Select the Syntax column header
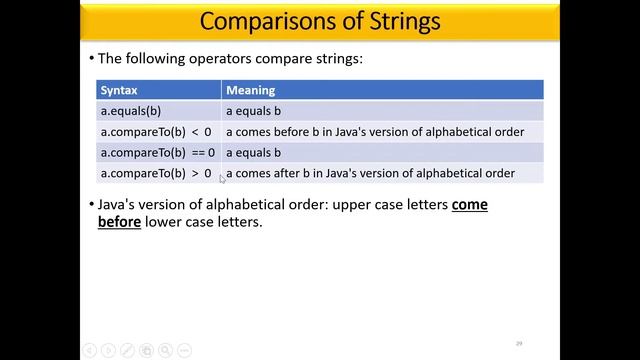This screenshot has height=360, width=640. pyautogui.click(x=119, y=90)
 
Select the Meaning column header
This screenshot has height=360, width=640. pyautogui.click(x=250, y=90)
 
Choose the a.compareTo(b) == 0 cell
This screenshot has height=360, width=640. pyautogui.click(x=158, y=153)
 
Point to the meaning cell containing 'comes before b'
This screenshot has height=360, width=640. pyautogui.click(x=370, y=131)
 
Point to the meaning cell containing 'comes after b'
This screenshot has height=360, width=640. pyautogui.click(x=370, y=173)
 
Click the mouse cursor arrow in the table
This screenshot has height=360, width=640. pyautogui.click(x=222, y=178)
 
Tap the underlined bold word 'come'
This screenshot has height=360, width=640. pyautogui.click(x=470, y=204)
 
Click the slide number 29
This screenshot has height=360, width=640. pyautogui.click(x=519, y=343)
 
